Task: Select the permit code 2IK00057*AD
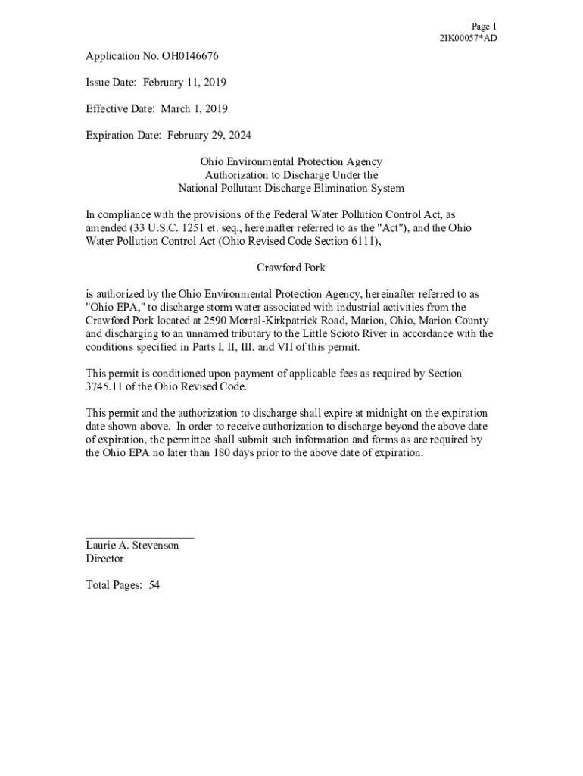point(468,39)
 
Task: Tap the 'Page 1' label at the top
point(483,26)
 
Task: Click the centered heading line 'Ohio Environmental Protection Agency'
point(291,162)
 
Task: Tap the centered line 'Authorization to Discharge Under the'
point(291,175)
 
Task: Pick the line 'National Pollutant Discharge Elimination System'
point(291,189)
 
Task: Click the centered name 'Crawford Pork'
point(291,268)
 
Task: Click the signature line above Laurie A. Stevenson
point(140,537)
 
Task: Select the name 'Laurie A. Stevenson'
point(132,546)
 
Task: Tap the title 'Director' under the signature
point(104,559)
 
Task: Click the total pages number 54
point(154,585)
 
